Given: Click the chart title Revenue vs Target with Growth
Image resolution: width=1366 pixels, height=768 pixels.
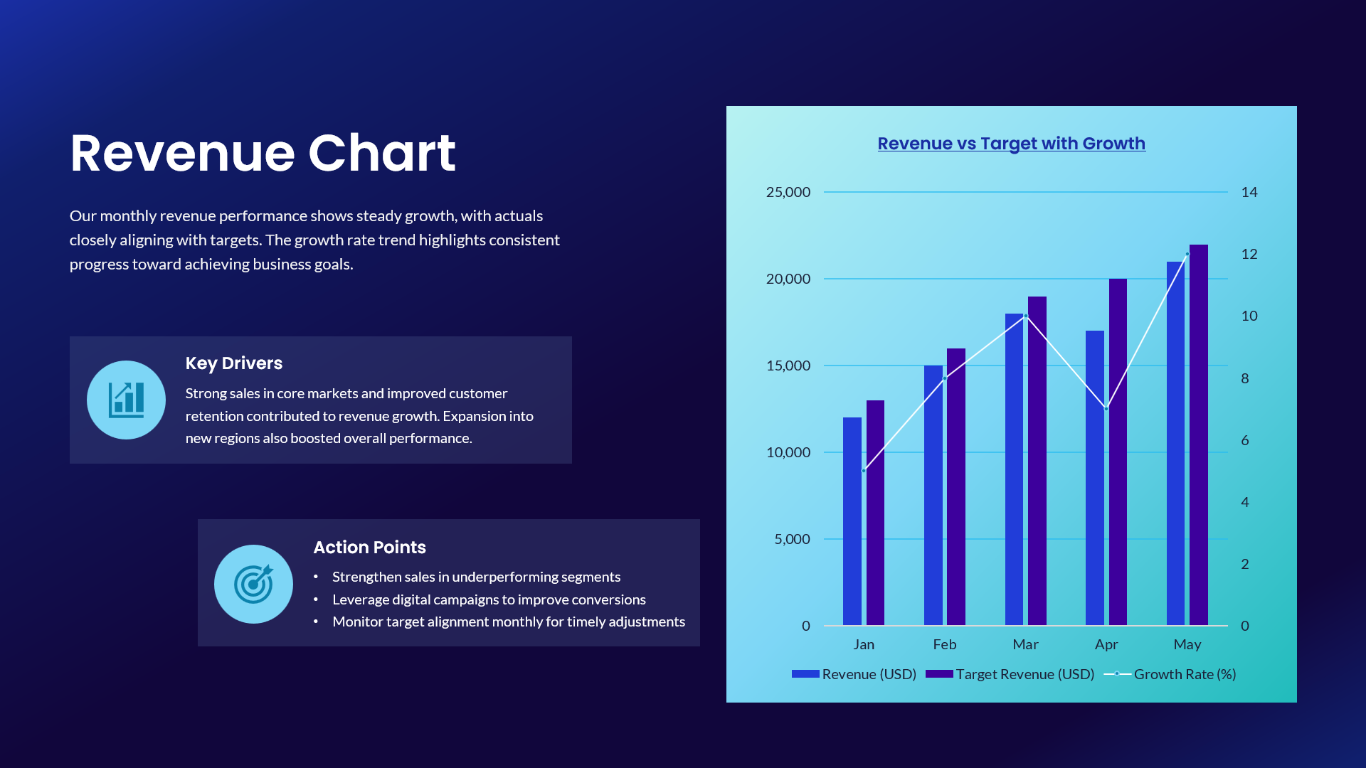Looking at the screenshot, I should [1011, 144].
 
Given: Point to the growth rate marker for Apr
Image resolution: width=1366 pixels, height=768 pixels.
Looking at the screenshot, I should [1106, 409].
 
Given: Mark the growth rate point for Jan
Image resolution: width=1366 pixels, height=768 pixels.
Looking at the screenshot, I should [864, 471].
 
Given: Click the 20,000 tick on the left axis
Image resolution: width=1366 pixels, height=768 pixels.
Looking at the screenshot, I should [788, 279].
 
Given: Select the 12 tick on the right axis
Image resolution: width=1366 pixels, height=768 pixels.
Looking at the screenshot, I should [1249, 254].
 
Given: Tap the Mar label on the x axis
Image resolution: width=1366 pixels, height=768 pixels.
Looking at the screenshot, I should [1025, 644].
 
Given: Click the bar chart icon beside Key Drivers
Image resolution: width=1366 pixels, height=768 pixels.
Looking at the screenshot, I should [126, 400].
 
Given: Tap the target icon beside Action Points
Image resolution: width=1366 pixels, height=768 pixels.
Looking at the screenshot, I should [253, 584].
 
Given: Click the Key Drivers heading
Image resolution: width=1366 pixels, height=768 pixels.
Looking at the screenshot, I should [233, 363].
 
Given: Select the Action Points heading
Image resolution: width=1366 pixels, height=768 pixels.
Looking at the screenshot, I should [369, 548].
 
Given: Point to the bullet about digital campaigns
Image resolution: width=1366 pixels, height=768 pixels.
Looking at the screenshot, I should [489, 599].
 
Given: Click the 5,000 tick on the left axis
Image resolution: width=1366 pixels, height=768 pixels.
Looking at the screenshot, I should [792, 539].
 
